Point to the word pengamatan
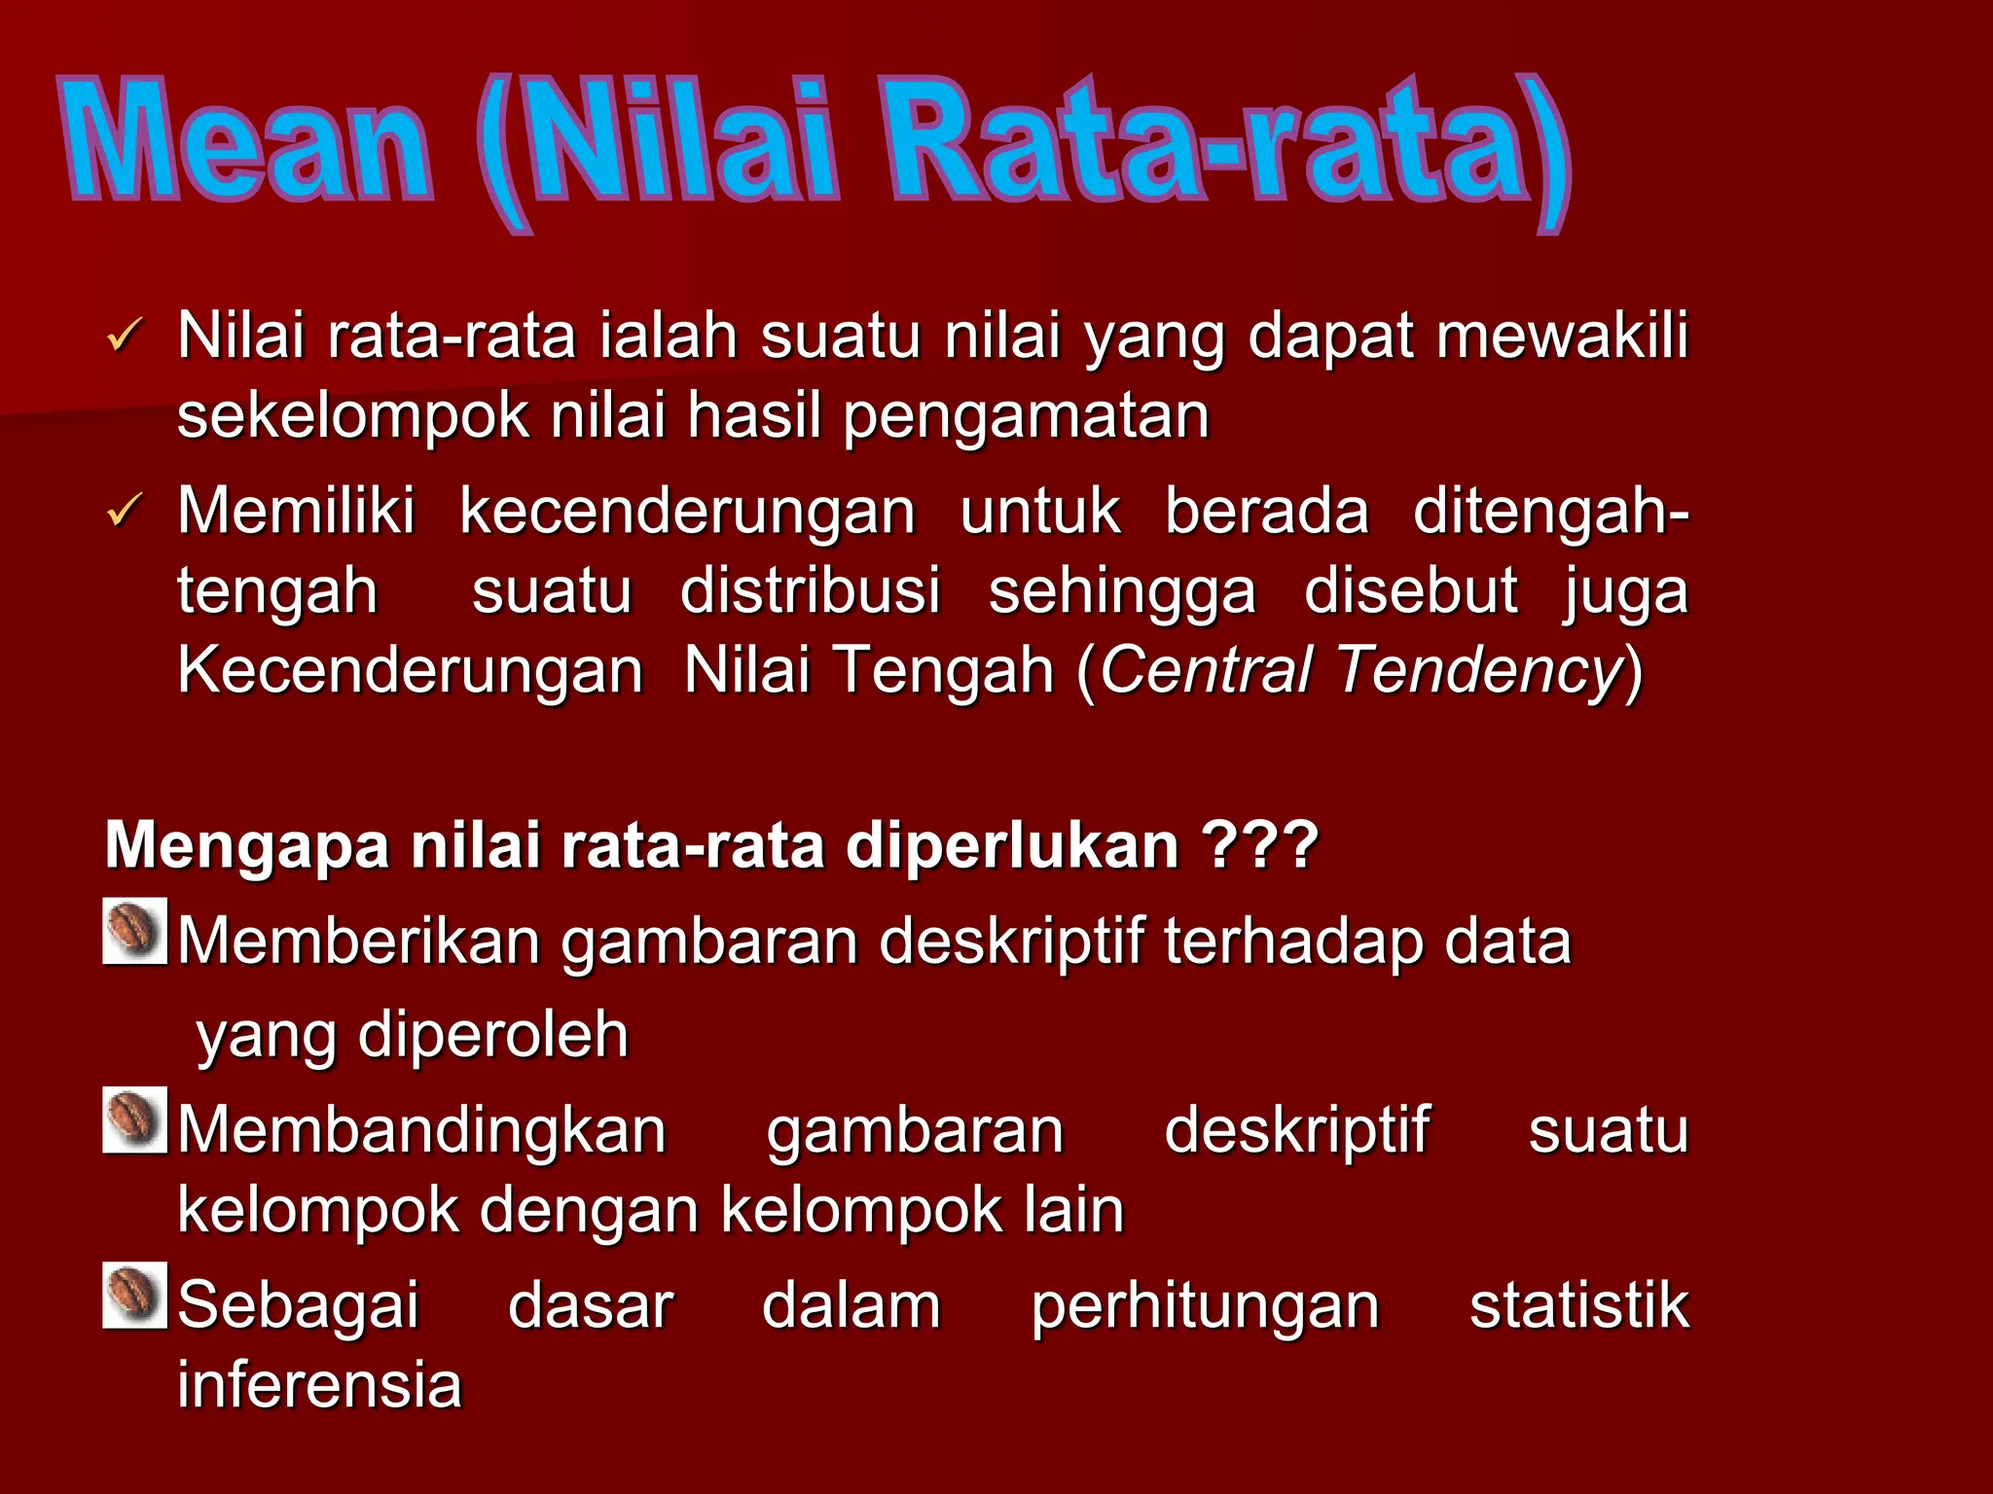point(1026,416)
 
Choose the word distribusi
point(811,591)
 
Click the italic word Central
point(1207,670)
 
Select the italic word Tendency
point(1480,670)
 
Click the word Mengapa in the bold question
point(247,845)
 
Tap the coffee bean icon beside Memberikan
point(135,931)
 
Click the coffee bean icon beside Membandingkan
point(135,1120)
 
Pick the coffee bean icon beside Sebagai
point(135,1295)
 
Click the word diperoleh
point(493,1034)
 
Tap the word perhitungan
point(1205,1306)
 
